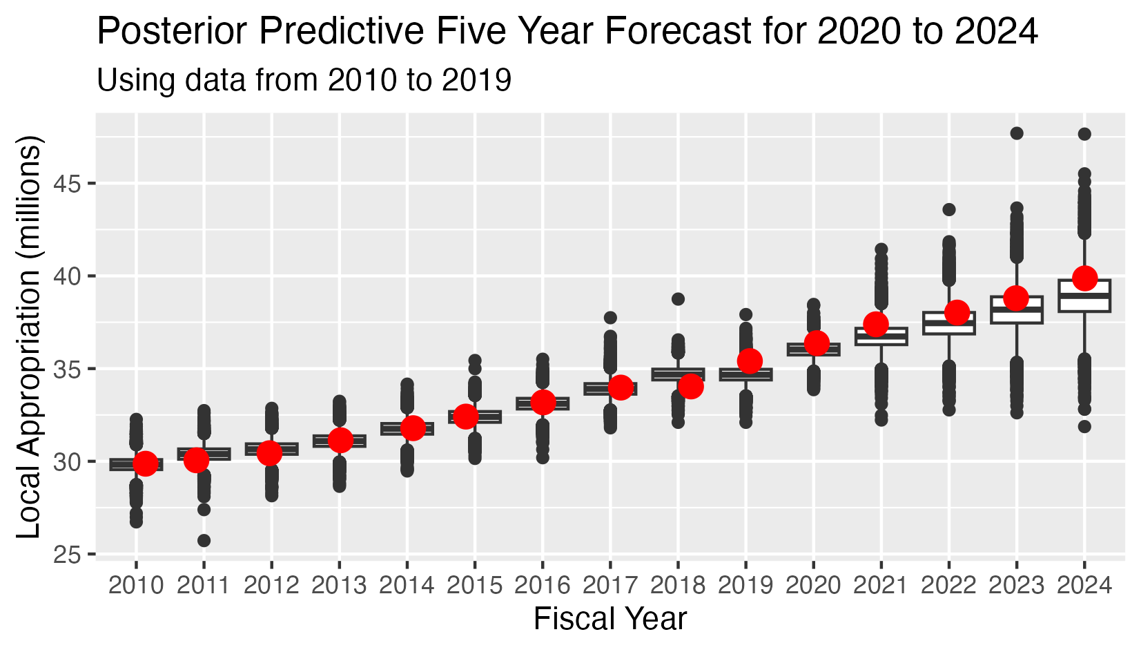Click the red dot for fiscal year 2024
pos(1084,278)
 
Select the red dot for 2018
pos(690,387)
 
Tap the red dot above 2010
pos(145,463)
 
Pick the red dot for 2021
pos(876,324)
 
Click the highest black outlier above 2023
pos(1017,133)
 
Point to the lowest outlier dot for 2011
pos(204,540)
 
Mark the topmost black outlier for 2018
pos(679,299)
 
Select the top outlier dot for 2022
pos(949,209)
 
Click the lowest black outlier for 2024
pos(1084,427)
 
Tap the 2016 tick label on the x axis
pos(543,586)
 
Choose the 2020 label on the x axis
pos(814,586)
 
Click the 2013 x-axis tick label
pos(339,586)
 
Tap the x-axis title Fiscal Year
pos(610,619)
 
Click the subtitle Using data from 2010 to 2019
pos(304,80)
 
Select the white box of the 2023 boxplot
pos(1017,309)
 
